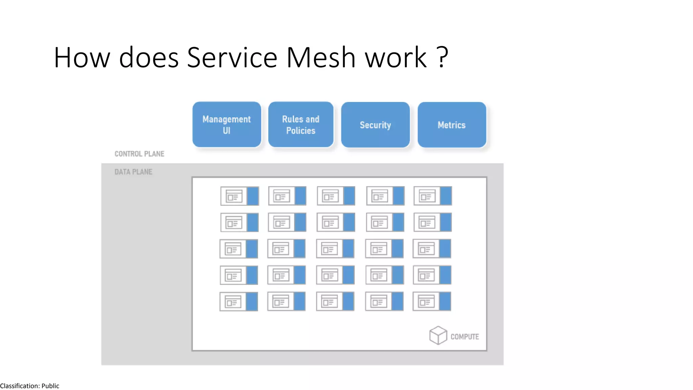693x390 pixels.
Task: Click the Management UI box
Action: (226, 125)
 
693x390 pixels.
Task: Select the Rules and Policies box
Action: (300, 125)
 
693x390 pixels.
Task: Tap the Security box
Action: (375, 125)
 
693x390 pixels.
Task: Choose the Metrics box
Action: (452, 125)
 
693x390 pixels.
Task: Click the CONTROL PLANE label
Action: (139, 154)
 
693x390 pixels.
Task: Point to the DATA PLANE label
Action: (133, 172)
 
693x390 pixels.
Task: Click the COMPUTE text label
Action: (465, 337)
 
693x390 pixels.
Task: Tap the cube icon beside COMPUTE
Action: (438, 335)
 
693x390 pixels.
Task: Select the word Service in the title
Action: (232, 58)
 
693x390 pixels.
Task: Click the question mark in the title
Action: (442, 58)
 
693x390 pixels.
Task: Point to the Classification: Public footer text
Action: (30, 386)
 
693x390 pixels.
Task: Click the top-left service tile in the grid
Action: (240, 196)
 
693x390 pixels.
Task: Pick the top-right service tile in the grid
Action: (432, 196)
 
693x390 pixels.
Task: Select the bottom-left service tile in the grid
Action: (239, 302)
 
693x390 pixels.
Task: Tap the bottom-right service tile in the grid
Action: (432, 302)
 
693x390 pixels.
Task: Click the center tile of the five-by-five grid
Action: (335, 249)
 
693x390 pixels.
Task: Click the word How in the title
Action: (82, 58)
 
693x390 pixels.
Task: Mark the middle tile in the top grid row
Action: (336, 196)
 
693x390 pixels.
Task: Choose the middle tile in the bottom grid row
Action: (335, 302)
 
